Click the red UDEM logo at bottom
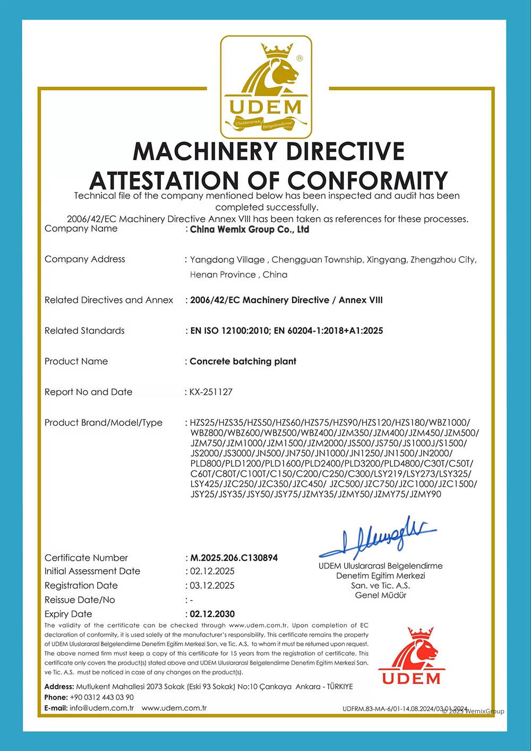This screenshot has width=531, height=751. pos(412,656)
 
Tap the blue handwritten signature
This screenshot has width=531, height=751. pos(378,537)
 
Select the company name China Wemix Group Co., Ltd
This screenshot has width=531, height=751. pos(249,230)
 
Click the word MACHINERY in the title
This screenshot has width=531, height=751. pos(204,151)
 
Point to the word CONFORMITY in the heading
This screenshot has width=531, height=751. pos(367,181)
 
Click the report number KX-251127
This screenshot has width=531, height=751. pos(211,392)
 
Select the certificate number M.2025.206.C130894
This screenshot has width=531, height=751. pos(234,558)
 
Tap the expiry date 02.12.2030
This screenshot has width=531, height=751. pos(212,614)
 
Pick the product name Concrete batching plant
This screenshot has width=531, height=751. pos(243,361)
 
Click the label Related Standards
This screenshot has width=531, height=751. pos(84,331)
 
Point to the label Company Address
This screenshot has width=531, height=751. pos(85,259)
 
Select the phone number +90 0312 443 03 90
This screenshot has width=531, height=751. pos(101,697)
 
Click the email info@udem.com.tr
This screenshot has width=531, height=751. pos(101,708)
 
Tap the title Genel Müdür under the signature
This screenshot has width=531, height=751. pos(381,595)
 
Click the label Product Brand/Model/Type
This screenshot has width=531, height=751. pos(104,423)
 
